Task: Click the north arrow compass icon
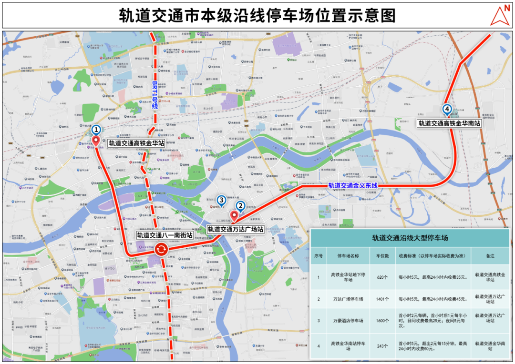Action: (500, 16)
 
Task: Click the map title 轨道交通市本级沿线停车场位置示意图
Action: (257, 15)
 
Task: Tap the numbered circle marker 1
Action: (96, 129)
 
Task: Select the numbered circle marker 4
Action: (447, 109)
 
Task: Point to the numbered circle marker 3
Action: (221, 200)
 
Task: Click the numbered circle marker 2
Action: (241, 206)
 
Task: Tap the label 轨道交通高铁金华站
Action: (136, 142)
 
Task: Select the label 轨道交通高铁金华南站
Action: (449, 123)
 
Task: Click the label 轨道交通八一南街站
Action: (165, 235)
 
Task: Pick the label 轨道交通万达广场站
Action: (236, 229)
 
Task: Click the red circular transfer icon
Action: (161, 248)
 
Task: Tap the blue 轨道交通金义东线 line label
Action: (352, 185)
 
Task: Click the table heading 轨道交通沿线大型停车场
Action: (410, 238)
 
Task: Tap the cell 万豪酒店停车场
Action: (347, 321)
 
